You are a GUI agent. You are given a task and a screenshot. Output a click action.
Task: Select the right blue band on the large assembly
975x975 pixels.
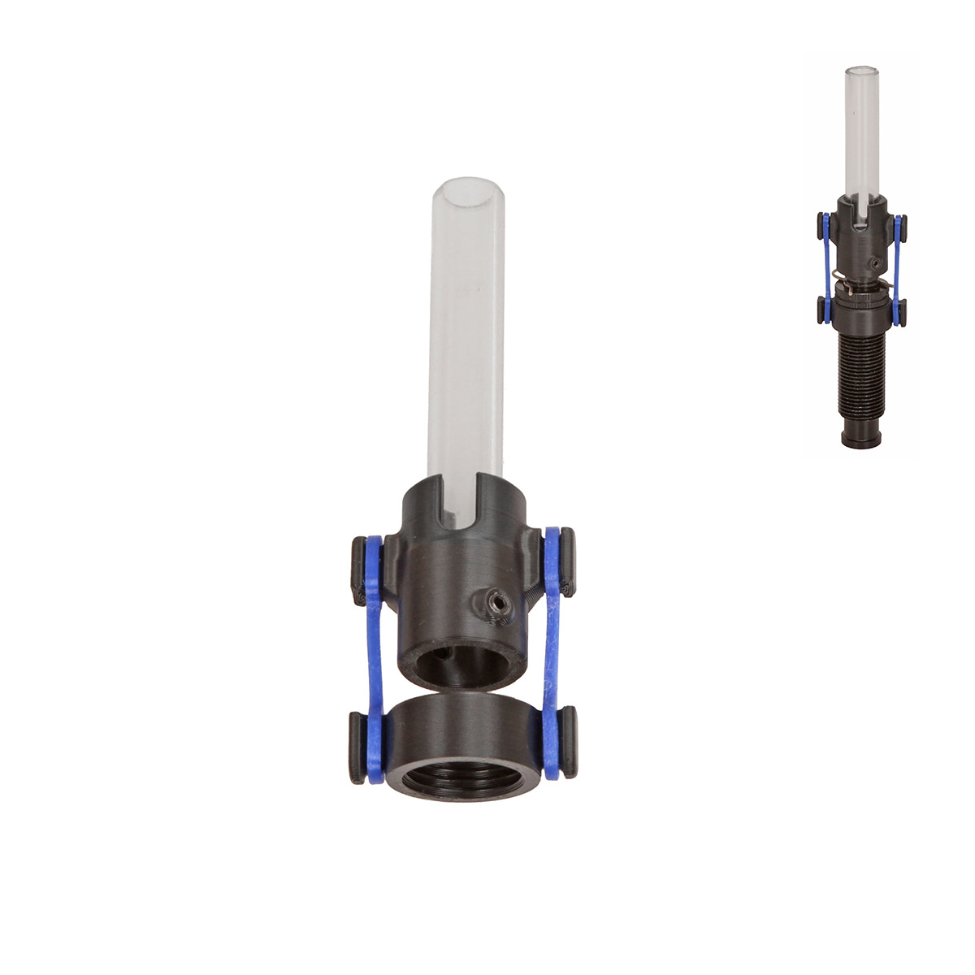click(x=552, y=650)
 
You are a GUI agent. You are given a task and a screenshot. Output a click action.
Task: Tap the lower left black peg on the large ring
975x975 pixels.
click(x=357, y=747)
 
